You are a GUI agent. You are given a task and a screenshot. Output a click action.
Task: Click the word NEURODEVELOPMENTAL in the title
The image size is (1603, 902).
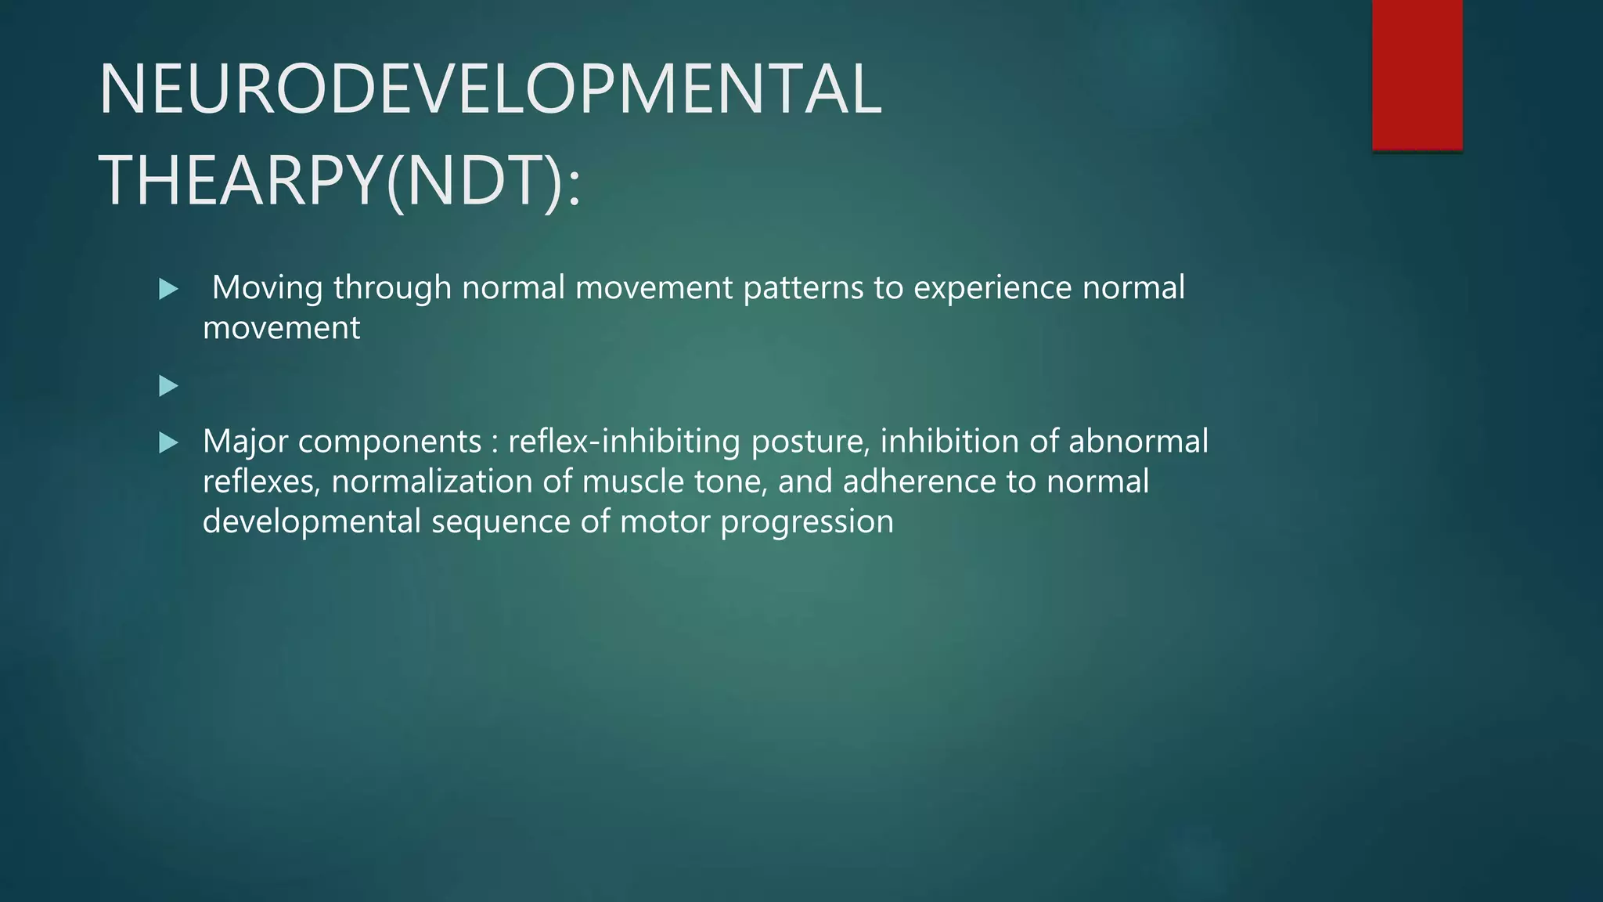tap(490, 89)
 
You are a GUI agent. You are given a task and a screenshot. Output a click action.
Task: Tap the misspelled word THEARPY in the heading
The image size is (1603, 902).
tap(240, 182)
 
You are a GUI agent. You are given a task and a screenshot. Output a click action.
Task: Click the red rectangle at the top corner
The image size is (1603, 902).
tap(1417, 74)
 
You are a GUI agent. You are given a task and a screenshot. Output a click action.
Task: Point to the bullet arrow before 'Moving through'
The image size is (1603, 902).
tap(168, 290)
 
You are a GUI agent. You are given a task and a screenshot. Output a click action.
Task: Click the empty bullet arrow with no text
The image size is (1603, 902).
tap(168, 385)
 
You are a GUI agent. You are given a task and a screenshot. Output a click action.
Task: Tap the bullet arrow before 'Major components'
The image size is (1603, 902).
tap(168, 443)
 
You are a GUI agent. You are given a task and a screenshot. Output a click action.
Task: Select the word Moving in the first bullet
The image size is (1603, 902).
tap(267, 288)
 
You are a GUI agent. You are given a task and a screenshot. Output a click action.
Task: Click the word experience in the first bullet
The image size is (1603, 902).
tap(992, 288)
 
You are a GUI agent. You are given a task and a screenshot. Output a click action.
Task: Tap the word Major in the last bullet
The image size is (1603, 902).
tap(245, 442)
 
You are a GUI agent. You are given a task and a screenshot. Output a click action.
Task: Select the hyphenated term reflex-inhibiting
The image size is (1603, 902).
tap(624, 442)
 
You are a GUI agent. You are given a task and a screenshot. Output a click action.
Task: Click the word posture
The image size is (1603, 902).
tap(810, 442)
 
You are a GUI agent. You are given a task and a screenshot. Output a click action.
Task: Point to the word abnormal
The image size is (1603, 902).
tap(1138, 442)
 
